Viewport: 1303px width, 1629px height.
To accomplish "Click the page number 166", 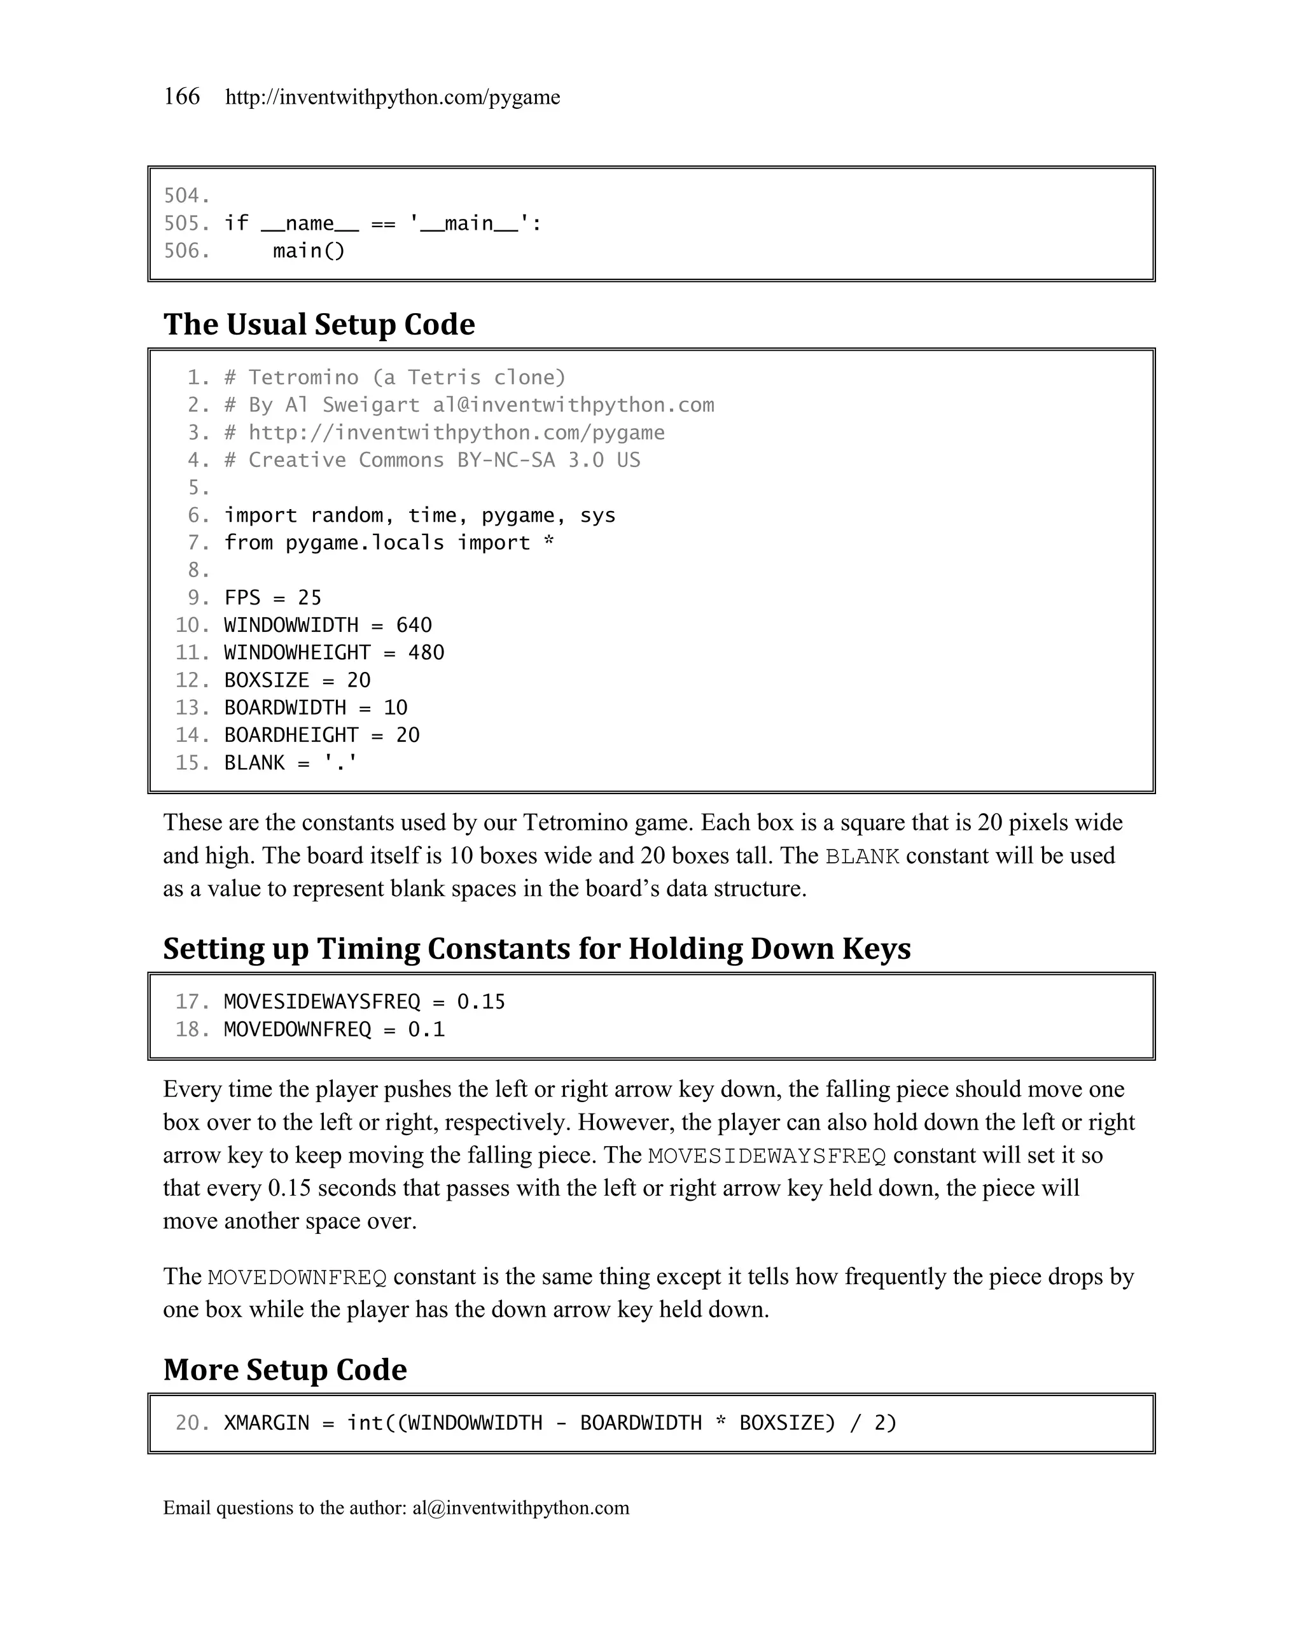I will (x=181, y=97).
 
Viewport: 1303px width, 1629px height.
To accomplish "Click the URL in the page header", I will (x=392, y=97).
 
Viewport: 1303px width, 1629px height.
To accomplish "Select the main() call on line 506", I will (x=308, y=251).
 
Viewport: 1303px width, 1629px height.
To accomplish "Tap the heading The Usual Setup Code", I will (x=319, y=324).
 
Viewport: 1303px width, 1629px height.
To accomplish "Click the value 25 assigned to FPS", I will (x=310, y=598).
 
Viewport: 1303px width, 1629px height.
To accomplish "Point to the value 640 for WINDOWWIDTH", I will (x=414, y=625).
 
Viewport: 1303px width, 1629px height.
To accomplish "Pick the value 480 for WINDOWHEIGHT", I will (x=426, y=653).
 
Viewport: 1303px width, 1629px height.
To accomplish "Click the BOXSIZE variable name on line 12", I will (x=267, y=680).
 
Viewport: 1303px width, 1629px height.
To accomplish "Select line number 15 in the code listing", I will (x=192, y=762).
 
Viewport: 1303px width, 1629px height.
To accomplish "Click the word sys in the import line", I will (x=597, y=515).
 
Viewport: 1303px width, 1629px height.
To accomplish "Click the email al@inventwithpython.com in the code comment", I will (x=573, y=405).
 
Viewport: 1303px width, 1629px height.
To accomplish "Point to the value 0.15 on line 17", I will (x=481, y=1002).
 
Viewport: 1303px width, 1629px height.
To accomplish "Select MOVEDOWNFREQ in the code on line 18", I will (x=298, y=1029).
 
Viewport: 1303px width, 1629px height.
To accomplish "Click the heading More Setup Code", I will (x=285, y=1370).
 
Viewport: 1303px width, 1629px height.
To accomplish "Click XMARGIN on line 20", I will (x=267, y=1423).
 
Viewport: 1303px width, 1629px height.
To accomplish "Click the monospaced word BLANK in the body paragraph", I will (x=862, y=856).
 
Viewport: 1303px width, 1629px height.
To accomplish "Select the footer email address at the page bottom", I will (x=520, y=1507).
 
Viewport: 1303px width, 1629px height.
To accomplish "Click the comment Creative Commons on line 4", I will (x=346, y=460).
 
